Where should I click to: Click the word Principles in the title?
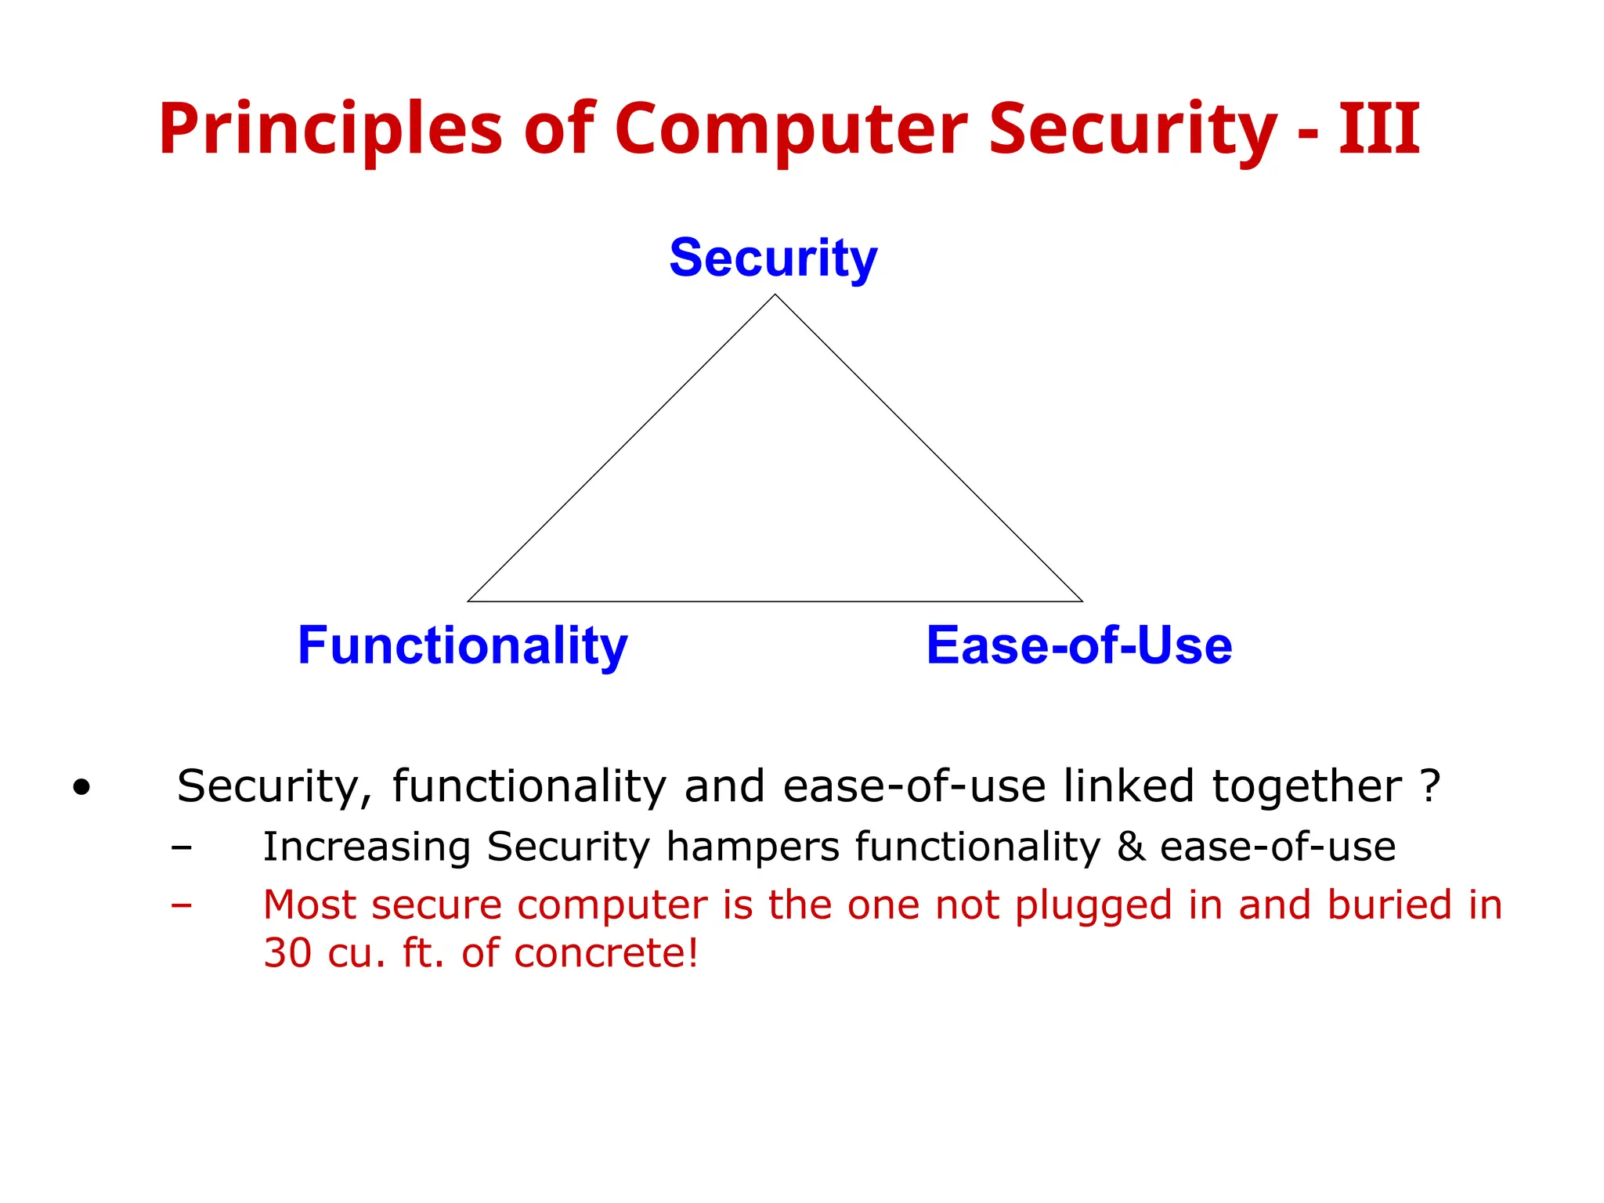[x=330, y=129]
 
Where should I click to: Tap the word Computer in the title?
[x=791, y=129]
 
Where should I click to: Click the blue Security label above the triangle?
[x=773, y=258]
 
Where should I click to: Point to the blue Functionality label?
[x=462, y=646]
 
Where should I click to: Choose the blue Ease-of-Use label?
[x=1078, y=646]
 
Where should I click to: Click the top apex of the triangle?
[x=775, y=295]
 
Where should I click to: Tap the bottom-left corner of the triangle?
[x=468, y=601]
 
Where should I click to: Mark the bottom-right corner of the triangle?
[x=1082, y=601]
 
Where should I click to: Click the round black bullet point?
[x=81, y=787]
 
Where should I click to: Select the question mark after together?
[x=1430, y=786]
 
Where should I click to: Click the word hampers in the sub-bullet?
[x=751, y=847]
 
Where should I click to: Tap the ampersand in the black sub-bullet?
[x=1130, y=847]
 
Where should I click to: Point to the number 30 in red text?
[x=287, y=953]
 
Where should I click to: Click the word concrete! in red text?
[x=606, y=953]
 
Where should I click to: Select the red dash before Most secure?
[x=182, y=905]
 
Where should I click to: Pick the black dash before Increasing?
[x=182, y=847]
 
